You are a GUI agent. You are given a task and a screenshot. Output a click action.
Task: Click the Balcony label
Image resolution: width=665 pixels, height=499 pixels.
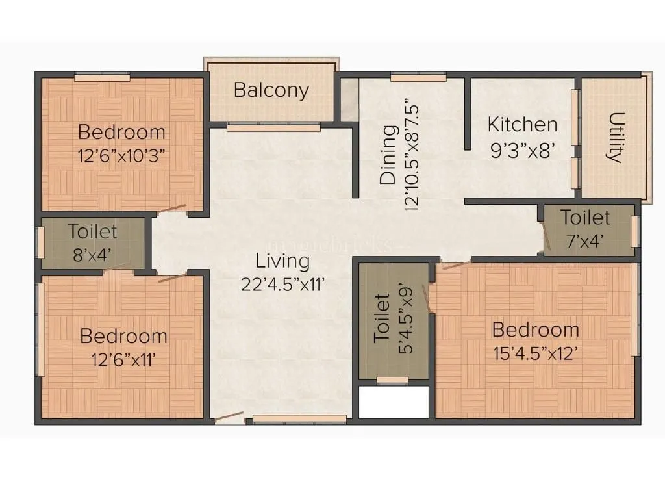[271, 90]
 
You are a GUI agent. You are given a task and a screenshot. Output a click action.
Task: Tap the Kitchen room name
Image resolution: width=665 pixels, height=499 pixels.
[522, 124]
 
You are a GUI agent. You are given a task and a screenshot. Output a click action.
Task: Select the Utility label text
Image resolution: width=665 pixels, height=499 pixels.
[614, 137]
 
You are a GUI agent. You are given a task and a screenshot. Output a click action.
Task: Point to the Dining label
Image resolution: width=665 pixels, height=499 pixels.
[388, 155]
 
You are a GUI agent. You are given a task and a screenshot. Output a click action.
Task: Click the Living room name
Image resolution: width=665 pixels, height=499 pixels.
[282, 262]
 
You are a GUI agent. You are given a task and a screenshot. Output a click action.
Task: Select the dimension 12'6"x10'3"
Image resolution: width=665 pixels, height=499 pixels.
[122, 156]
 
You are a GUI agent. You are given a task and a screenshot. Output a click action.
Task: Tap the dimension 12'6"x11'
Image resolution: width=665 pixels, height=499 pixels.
[123, 359]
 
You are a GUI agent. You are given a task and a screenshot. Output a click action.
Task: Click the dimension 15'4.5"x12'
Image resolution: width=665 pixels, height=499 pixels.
[535, 354]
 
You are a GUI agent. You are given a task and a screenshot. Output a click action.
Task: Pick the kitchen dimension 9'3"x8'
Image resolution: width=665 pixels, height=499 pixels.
[522, 150]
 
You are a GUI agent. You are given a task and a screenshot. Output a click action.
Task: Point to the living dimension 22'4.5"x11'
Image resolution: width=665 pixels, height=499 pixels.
[282, 285]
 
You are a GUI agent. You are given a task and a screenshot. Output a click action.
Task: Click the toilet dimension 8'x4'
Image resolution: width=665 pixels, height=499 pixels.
[92, 254]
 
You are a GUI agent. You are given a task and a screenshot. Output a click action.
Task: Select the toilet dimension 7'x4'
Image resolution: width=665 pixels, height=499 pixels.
[586, 240]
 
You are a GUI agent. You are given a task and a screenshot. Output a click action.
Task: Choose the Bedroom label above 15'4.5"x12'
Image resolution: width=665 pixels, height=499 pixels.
[535, 329]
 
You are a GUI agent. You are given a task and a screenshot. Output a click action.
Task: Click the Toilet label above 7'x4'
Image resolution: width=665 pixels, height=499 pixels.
[586, 217]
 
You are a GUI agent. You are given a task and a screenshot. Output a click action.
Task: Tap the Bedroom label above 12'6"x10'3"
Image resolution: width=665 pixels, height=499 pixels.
[121, 132]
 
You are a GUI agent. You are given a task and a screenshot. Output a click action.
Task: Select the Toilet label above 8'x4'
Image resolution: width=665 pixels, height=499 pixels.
[93, 231]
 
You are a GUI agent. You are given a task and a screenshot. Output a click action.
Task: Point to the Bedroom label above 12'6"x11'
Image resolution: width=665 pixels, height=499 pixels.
[123, 336]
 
